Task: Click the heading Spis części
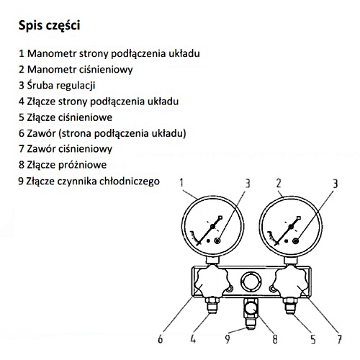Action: tap(49, 26)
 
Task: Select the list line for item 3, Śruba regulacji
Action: tap(57, 86)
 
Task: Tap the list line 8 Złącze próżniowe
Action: tap(63, 165)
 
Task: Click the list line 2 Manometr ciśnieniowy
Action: tap(76, 70)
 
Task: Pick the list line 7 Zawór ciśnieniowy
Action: tap(66, 149)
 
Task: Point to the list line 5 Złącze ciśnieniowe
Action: tap(66, 117)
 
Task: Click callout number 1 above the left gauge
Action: tap(181, 183)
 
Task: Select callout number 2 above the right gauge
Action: tap(279, 184)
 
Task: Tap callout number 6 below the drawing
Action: tap(161, 339)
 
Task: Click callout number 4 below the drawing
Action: tap(193, 339)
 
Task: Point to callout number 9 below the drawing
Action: tap(227, 339)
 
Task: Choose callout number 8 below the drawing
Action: tap(275, 339)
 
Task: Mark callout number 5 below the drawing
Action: tap(313, 339)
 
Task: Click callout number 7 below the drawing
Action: tap(339, 339)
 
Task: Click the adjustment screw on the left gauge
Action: tap(217, 240)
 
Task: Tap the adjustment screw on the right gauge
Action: tap(296, 240)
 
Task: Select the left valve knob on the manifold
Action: tap(211, 282)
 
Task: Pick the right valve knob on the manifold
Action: tap(290, 282)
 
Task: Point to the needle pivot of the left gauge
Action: tap(212, 226)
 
